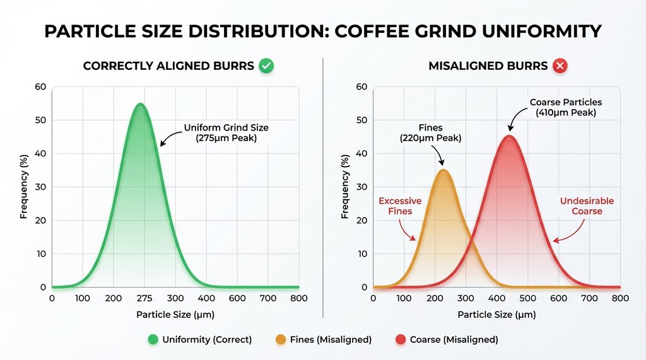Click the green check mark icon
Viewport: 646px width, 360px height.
click(x=267, y=66)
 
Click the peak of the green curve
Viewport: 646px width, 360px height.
click(x=140, y=105)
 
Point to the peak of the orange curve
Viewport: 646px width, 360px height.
click(x=443, y=170)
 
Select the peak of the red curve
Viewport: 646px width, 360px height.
click(x=509, y=136)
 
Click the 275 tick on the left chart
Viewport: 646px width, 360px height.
click(x=144, y=298)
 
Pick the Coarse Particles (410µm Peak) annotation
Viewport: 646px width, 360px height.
click(x=565, y=107)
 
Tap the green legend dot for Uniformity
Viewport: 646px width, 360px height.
click(x=152, y=340)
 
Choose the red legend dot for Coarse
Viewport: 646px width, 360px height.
click(x=399, y=340)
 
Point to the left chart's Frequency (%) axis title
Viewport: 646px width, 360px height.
click(x=24, y=187)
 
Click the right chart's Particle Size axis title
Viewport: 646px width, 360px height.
click(x=496, y=314)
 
